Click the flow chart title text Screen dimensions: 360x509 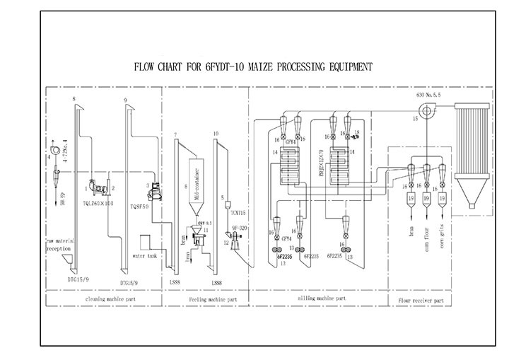coord(253,67)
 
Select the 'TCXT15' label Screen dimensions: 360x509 coord(237,211)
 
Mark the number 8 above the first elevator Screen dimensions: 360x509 coord(74,106)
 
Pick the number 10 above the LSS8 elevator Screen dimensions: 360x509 coord(214,133)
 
